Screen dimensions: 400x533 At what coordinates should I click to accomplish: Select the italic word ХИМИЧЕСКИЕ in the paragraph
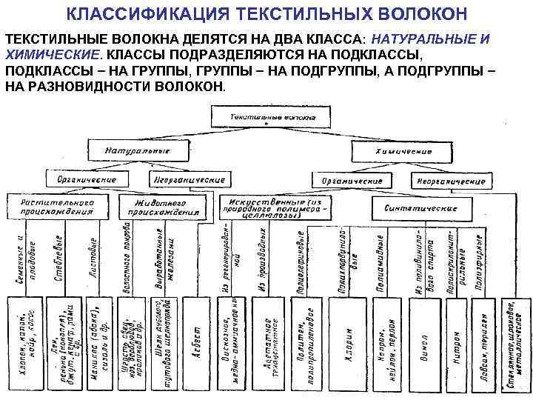click(x=53, y=56)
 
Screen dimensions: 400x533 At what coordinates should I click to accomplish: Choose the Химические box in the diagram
click(x=402, y=150)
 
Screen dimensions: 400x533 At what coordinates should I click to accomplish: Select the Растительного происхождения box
click(x=57, y=205)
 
